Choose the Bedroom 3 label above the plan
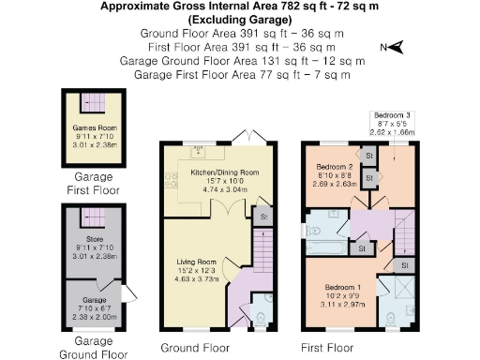(x=393, y=115)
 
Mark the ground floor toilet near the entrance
(x=260, y=320)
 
